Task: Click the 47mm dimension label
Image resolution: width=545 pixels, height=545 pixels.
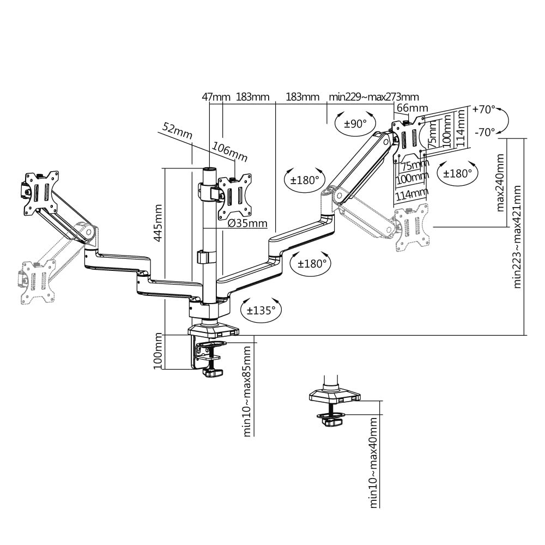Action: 216,96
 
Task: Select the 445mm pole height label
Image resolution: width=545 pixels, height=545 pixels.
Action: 158,223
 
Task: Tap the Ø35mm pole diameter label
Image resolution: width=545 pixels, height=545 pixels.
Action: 247,223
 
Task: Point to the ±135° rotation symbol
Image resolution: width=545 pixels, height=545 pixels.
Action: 261,310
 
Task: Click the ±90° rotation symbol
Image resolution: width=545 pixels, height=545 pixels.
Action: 355,123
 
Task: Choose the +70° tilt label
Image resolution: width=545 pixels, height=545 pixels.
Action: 484,110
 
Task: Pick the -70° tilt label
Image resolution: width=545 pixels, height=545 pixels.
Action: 485,132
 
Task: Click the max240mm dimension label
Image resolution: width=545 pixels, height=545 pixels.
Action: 500,183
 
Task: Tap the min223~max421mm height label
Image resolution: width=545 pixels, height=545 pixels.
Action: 517,237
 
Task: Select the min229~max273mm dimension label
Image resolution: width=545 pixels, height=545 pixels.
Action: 374,96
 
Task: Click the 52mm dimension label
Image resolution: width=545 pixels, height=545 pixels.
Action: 177,131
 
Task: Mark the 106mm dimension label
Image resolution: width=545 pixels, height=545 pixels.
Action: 230,152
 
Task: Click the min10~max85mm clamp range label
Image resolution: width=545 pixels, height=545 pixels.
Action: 247,391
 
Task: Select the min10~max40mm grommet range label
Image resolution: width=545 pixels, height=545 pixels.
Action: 373,463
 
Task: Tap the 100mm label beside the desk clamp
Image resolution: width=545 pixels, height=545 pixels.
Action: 158,350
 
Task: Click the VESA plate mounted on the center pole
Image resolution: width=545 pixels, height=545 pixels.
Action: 234,197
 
